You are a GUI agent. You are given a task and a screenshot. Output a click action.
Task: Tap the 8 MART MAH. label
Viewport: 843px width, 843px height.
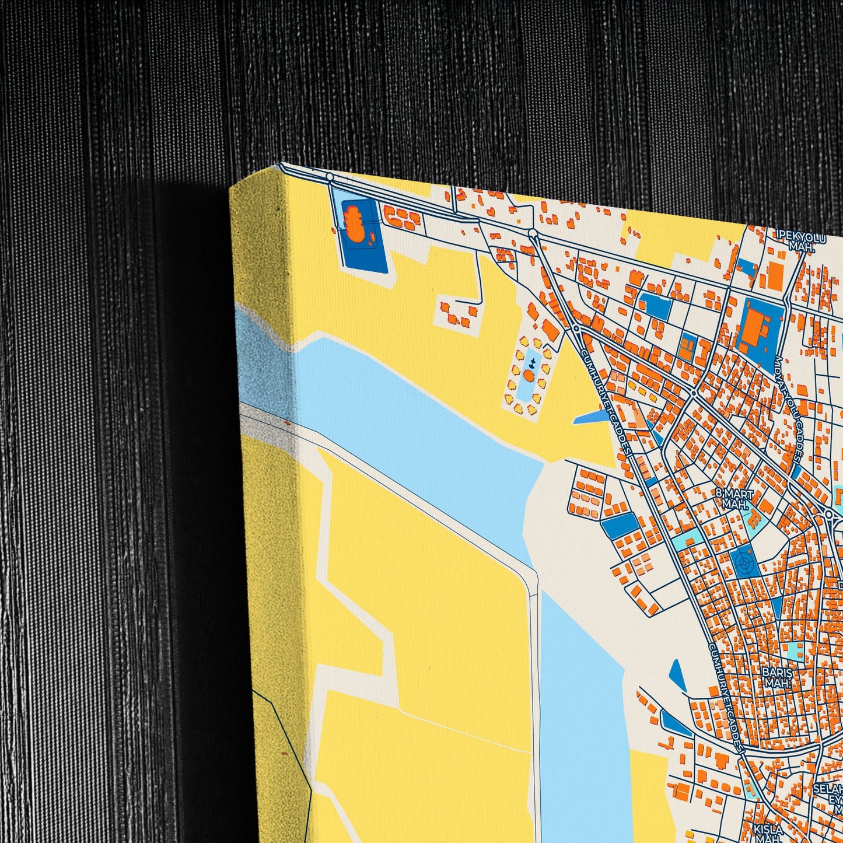(735, 499)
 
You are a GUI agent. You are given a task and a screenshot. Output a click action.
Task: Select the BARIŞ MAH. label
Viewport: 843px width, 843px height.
(777, 677)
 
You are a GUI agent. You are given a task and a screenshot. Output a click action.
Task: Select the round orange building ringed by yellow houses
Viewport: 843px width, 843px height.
(529, 376)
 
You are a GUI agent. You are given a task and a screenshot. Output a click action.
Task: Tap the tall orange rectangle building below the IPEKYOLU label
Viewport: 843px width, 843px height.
(775, 274)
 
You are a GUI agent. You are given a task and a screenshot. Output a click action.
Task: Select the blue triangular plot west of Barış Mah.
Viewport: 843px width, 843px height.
(677, 674)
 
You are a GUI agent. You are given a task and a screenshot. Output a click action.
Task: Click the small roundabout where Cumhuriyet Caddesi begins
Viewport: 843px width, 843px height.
(576, 328)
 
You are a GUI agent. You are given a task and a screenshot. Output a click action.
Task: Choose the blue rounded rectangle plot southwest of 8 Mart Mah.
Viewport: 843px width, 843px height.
(620, 526)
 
